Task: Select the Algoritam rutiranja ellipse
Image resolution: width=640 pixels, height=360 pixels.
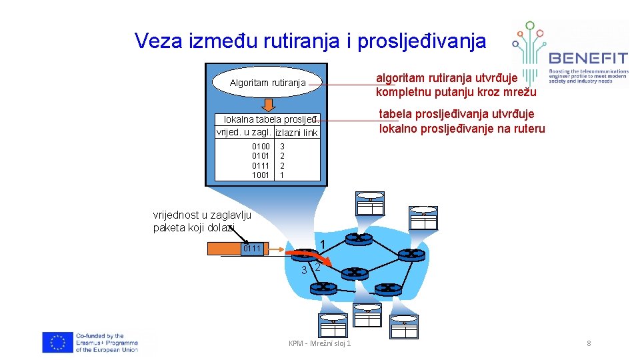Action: (267, 83)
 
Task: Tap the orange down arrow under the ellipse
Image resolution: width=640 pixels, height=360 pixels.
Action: (268, 105)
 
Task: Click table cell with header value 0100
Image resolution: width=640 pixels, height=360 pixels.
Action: (261, 145)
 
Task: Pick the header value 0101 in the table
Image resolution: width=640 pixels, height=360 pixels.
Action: (261, 155)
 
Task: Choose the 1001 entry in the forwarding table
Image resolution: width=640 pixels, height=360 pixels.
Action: (261, 175)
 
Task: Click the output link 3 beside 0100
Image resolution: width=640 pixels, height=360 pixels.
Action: (283, 145)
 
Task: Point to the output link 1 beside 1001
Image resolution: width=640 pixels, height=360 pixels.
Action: (283, 175)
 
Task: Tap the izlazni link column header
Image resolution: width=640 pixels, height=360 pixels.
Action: (297, 133)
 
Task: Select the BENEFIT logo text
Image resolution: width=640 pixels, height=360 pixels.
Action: (587, 57)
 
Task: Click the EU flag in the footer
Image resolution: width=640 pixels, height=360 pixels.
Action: (57, 343)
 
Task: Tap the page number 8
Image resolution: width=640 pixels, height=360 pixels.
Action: (589, 343)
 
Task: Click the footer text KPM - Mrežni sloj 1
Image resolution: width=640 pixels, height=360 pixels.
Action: (320, 343)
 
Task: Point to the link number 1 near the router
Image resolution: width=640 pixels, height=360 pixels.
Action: (322, 244)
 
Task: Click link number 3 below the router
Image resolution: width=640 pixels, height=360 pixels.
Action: (303, 270)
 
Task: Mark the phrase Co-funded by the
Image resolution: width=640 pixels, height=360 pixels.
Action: (100, 336)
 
